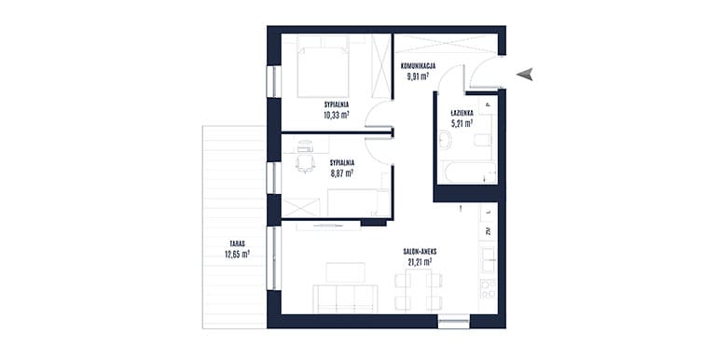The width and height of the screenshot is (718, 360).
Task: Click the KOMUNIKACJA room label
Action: (x=418, y=66)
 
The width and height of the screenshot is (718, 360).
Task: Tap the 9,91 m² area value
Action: (x=418, y=76)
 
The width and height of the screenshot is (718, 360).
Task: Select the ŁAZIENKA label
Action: (x=462, y=113)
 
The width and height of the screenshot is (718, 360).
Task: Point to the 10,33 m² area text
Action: (x=337, y=115)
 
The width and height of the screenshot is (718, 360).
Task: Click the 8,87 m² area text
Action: (x=341, y=173)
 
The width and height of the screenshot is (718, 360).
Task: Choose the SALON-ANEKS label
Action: (x=420, y=252)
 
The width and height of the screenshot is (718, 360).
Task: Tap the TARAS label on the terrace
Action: (x=238, y=244)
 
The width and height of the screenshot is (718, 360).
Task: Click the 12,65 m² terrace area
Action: (x=237, y=254)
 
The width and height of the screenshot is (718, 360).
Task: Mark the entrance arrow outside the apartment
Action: (x=525, y=75)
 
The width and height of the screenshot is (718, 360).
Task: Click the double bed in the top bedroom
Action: (x=323, y=66)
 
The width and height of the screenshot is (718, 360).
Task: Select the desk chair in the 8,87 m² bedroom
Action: (x=305, y=163)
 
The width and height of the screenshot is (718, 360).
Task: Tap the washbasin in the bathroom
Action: (x=445, y=139)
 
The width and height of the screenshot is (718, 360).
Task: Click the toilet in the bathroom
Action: (x=483, y=140)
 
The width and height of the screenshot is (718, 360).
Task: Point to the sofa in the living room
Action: (x=345, y=298)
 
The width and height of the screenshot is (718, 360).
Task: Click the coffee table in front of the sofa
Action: (x=346, y=272)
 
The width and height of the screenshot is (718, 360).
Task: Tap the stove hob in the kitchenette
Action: (x=488, y=288)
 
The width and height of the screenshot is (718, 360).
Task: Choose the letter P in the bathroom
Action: (x=488, y=104)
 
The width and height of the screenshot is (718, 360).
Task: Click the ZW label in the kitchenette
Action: (x=489, y=231)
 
